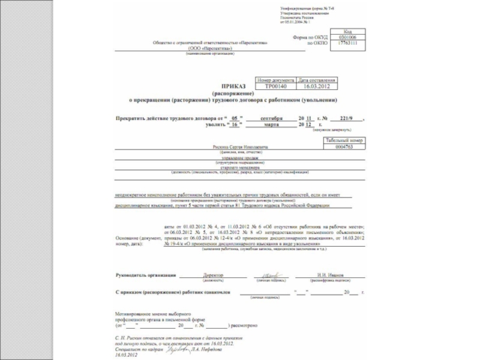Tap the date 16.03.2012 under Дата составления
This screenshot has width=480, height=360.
(x=317, y=86)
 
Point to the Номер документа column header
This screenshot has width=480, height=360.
(x=276, y=80)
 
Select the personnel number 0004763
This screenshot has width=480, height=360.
(x=344, y=146)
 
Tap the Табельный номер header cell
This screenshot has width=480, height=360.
(x=344, y=140)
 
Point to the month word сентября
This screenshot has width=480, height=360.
(x=272, y=118)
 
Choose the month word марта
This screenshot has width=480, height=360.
(x=272, y=124)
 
